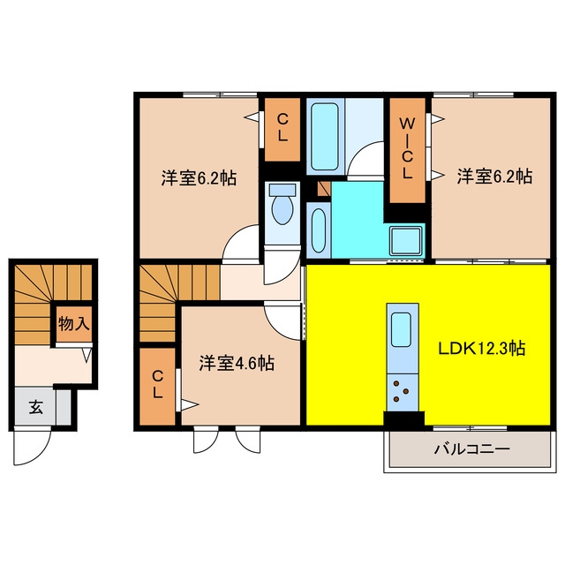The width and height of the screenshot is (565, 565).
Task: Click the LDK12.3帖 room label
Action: click(x=481, y=349)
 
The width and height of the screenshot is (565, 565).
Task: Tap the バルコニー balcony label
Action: click(x=471, y=449)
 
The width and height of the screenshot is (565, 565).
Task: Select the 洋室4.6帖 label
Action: click(x=237, y=363)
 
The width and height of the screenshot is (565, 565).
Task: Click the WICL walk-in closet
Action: click(x=408, y=150)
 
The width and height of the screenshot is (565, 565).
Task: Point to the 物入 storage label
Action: click(x=73, y=324)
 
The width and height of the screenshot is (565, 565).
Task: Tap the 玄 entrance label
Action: click(x=35, y=407)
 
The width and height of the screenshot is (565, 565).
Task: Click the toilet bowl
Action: click(x=282, y=210)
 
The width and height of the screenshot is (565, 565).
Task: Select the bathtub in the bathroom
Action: click(x=324, y=137)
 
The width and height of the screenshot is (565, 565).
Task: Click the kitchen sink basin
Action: click(x=401, y=329)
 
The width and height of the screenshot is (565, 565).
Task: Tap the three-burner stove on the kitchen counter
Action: click(x=403, y=392)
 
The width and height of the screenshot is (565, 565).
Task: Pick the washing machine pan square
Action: click(x=406, y=241)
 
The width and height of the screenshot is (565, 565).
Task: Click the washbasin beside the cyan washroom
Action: click(x=319, y=230)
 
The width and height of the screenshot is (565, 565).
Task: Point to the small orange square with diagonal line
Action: click(x=324, y=188)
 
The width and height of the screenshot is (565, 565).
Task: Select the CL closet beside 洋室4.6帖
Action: click(x=157, y=387)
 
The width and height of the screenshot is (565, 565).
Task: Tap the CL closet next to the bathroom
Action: click(x=282, y=130)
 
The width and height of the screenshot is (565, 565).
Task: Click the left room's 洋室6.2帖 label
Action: click(x=199, y=177)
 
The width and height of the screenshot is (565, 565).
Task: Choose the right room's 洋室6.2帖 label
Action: click(x=494, y=177)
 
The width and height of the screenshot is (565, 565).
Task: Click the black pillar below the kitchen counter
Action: click(x=403, y=418)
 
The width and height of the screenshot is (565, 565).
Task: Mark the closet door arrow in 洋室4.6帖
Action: click(x=190, y=404)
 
